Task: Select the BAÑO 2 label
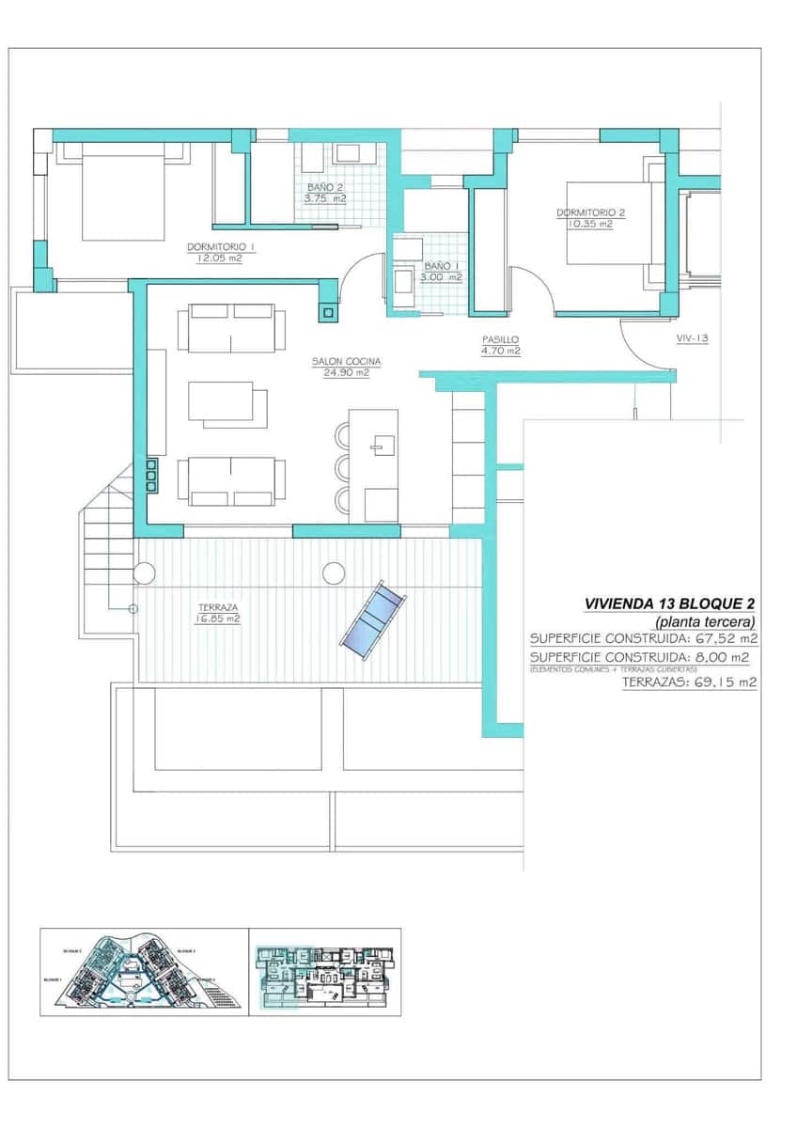point(325,188)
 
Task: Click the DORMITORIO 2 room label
point(590,212)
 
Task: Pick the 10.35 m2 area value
point(590,224)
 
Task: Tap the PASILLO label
point(500,339)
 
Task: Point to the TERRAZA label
point(217,607)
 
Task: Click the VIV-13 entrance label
point(692,337)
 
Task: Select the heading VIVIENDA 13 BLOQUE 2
point(669,603)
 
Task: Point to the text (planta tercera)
point(706,621)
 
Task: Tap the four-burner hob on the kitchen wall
point(150,476)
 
